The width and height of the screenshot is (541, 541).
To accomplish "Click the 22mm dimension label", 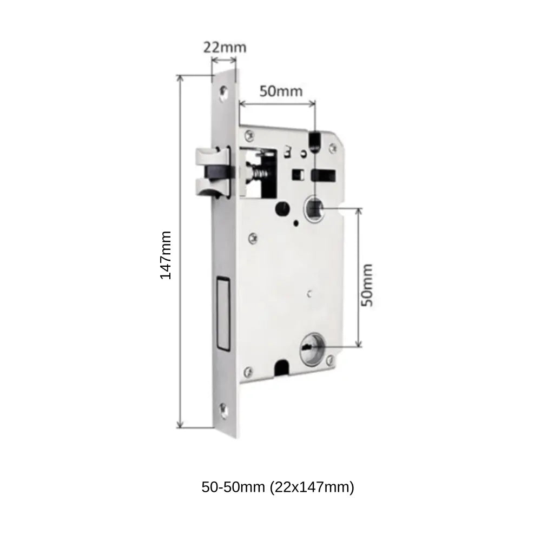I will pyautogui.click(x=225, y=47).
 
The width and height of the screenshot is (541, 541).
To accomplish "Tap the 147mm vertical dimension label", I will pyautogui.click(x=166, y=255).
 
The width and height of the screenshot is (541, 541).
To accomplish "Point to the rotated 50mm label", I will pyautogui.click(x=367, y=285).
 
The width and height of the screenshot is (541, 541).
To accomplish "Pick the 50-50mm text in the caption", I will pyautogui.click(x=232, y=487).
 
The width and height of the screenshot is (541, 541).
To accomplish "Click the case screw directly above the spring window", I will pyautogui.click(x=250, y=134).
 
